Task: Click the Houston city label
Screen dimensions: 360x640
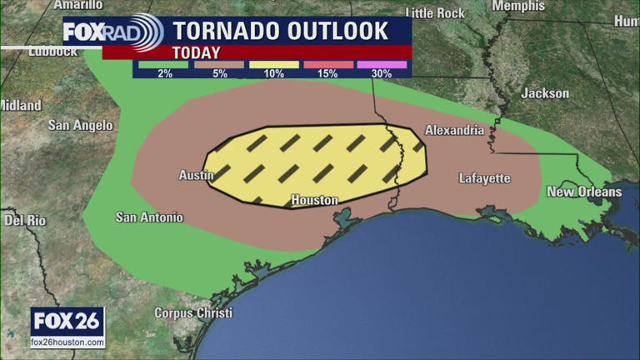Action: (x=314, y=200)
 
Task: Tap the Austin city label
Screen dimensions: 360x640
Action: (x=197, y=175)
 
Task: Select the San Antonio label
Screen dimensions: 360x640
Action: (x=148, y=217)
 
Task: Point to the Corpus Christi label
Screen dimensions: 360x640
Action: (x=191, y=313)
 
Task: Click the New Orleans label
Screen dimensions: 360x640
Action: (x=583, y=192)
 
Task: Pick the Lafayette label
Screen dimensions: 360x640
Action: (x=484, y=178)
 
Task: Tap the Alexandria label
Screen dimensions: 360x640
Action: (x=454, y=131)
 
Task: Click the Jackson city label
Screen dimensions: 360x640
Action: (x=545, y=93)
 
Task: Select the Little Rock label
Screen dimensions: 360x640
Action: (x=434, y=12)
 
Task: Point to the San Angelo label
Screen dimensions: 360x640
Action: (x=80, y=125)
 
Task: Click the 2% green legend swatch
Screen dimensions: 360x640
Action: (x=162, y=64)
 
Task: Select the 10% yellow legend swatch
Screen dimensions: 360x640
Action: (x=272, y=64)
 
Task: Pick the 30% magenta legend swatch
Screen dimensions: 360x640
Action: (x=382, y=64)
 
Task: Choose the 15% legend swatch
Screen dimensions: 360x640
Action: (x=327, y=64)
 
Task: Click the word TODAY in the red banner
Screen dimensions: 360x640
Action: (x=196, y=52)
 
